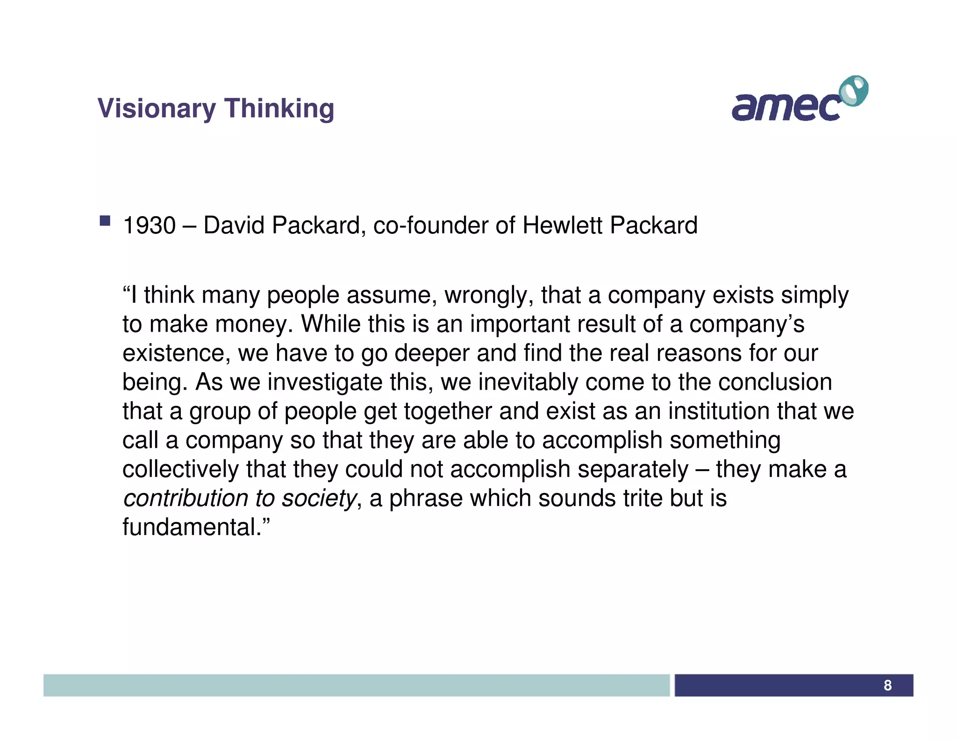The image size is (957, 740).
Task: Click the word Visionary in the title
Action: coord(157,109)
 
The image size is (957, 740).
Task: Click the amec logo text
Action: coord(785,107)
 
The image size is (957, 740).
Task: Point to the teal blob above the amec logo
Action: coord(854,90)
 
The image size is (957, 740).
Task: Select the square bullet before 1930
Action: coord(105,221)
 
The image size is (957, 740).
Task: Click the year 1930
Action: coord(149,225)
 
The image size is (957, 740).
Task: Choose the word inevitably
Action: coord(528,382)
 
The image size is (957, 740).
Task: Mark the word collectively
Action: coord(180,469)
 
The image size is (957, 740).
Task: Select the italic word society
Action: coord(319,499)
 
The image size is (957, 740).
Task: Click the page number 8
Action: coord(887,685)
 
